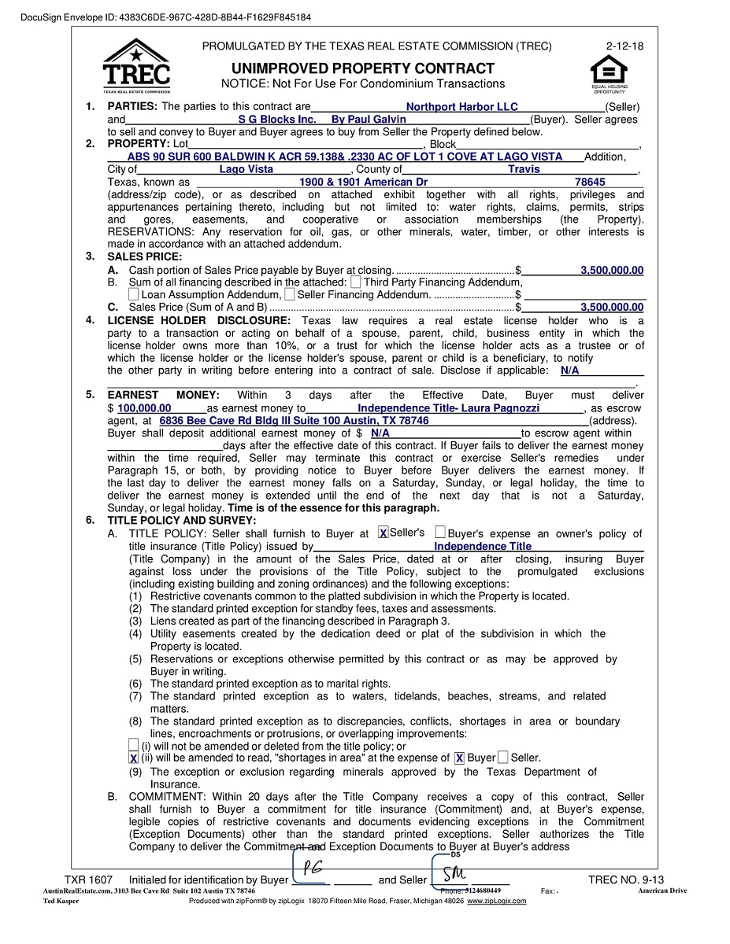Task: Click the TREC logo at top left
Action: (x=135, y=66)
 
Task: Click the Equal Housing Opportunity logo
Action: (x=609, y=72)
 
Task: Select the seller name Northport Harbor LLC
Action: (x=461, y=107)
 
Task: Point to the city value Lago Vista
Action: (x=246, y=169)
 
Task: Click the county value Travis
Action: (x=524, y=169)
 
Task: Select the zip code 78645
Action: (x=590, y=182)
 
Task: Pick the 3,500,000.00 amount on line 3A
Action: (x=612, y=271)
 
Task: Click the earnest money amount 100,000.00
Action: (x=144, y=408)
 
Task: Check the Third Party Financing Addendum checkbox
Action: (x=356, y=282)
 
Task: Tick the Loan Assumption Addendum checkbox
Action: (x=133, y=294)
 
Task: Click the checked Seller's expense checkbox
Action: (x=383, y=533)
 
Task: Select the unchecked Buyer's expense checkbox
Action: (x=440, y=533)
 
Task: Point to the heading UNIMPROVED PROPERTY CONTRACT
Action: (x=363, y=68)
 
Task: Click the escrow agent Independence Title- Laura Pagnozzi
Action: (x=448, y=408)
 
